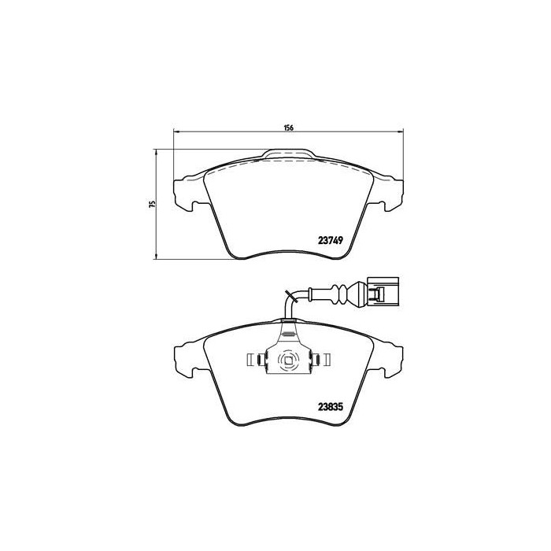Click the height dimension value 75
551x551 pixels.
(153, 203)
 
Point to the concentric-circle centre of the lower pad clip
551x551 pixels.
(288, 361)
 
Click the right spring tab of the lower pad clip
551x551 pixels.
(320, 360)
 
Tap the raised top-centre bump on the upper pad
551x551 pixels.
(288, 155)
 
